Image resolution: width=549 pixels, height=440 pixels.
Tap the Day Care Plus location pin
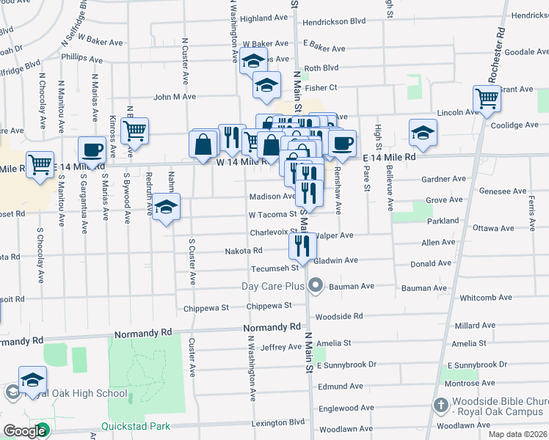click(316, 285)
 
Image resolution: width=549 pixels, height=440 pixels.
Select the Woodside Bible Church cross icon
click(440, 405)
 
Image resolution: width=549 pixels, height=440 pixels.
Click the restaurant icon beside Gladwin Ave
click(302, 246)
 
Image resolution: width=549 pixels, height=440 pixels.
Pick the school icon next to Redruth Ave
click(167, 206)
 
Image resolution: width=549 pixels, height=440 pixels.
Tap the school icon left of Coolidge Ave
click(423, 133)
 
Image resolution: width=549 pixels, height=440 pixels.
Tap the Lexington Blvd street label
click(278, 422)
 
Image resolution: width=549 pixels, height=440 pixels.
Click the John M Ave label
click(175, 96)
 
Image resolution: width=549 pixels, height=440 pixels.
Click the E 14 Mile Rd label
click(389, 157)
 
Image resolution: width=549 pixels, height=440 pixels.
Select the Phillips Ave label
click(82, 57)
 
